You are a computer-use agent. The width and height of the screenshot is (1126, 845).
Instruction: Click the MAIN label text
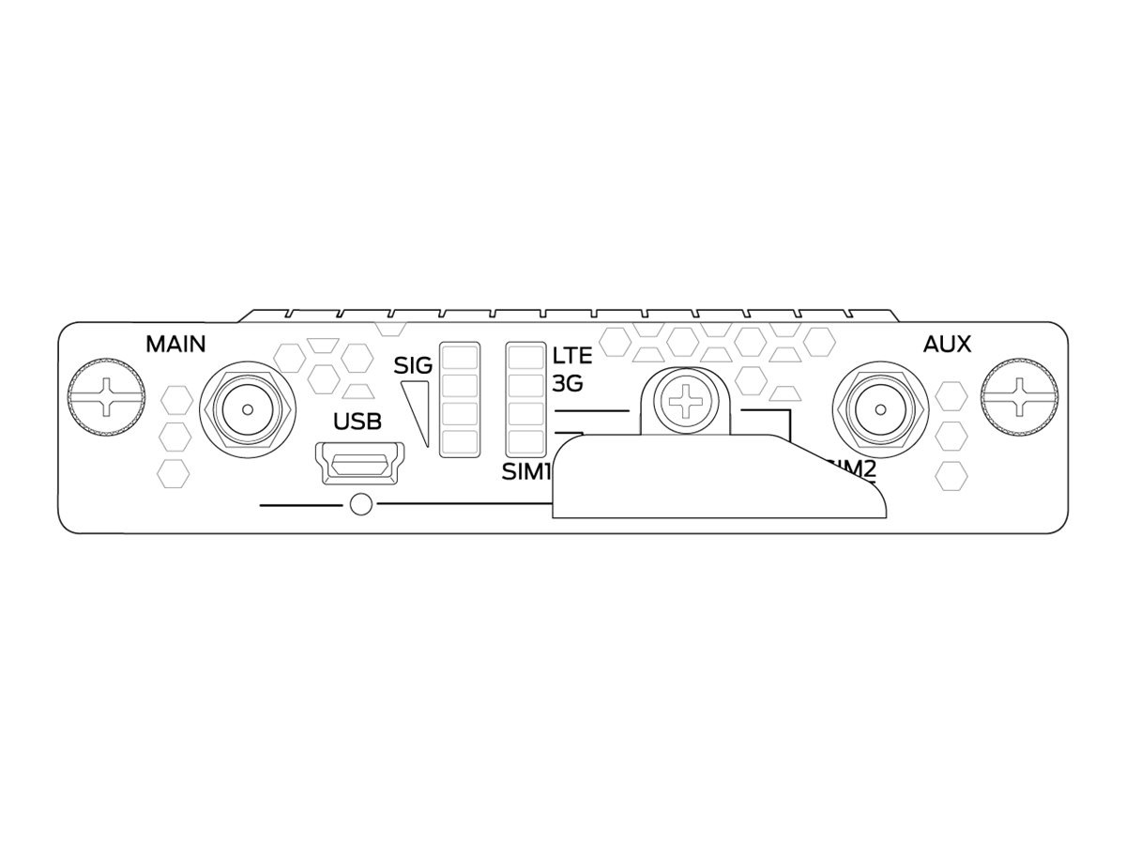pyautogui.click(x=175, y=344)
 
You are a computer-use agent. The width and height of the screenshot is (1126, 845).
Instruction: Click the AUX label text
pyautogui.click(x=947, y=344)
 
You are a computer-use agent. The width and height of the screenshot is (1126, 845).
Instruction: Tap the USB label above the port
pyautogui.click(x=358, y=421)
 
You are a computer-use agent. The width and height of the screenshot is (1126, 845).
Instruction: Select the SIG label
pyautogui.click(x=413, y=365)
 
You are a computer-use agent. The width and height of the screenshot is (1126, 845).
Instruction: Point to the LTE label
pyautogui.click(x=571, y=357)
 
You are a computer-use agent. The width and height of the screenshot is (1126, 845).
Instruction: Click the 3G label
pyautogui.click(x=568, y=385)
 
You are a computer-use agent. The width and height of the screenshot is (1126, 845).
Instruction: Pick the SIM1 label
pyautogui.click(x=525, y=472)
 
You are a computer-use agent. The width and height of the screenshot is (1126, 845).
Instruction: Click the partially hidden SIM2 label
pyautogui.click(x=854, y=469)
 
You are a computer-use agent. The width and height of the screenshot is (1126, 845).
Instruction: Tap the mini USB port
pyautogui.click(x=358, y=465)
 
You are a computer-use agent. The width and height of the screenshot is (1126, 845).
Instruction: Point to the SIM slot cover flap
pyautogui.click(x=718, y=479)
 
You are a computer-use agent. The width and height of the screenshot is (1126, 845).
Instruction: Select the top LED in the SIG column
pyautogui.click(x=460, y=358)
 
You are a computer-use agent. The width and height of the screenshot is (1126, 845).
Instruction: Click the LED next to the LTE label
pyautogui.click(x=525, y=358)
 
